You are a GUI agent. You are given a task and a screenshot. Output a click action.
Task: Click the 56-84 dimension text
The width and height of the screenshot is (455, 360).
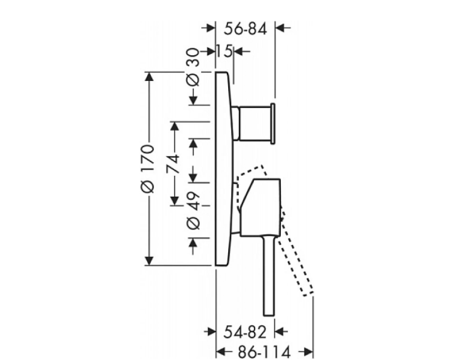tap(245, 29)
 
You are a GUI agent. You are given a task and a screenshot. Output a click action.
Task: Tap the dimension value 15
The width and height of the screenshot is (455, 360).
tap(224, 52)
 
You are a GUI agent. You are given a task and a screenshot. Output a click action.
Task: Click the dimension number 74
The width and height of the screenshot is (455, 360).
tap(173, 164)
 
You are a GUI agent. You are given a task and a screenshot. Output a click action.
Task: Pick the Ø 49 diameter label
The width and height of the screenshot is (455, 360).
tap(194, 210)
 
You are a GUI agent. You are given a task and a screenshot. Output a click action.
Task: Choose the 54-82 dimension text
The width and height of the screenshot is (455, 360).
tap(244, 332)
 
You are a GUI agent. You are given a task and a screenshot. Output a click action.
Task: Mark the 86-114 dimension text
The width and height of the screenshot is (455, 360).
tap(264, 352)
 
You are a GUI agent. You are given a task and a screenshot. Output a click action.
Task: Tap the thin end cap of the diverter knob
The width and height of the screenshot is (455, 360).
tap(273, 123)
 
